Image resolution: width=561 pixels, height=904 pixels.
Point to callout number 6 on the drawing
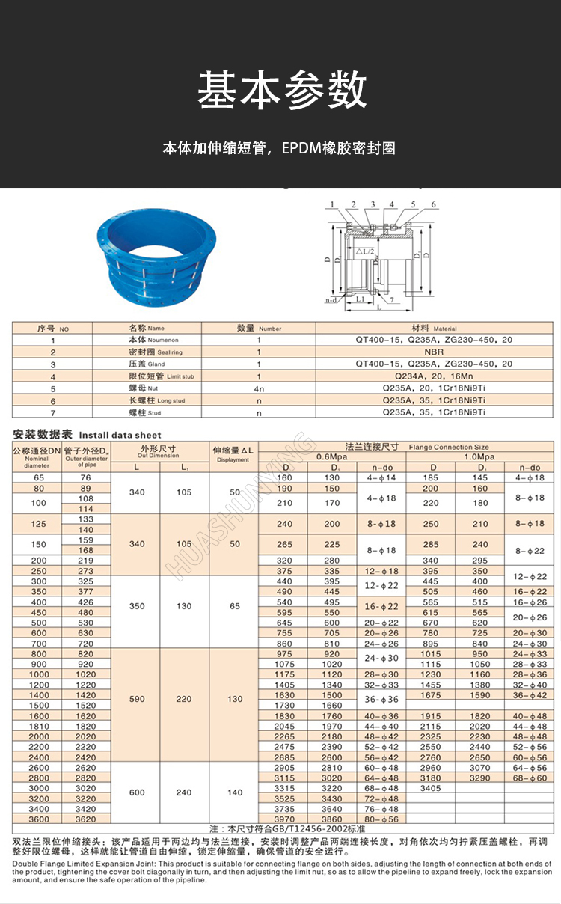click(433, 204)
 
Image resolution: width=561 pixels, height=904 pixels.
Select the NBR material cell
click(434, 352)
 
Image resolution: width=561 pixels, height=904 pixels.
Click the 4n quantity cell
click(259, 388)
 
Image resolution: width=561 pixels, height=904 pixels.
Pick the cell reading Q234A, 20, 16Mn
click(434, 376)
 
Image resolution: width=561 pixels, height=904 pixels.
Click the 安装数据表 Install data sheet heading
click(87, 434)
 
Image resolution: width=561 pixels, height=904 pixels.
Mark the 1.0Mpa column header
click(479, 456)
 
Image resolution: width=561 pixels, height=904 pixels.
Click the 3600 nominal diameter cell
click(38, 819)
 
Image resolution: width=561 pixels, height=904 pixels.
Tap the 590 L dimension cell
click(137, 699)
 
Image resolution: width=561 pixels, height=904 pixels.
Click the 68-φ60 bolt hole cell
click(529, 778)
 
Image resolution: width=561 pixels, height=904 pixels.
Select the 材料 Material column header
click(434, 328)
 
